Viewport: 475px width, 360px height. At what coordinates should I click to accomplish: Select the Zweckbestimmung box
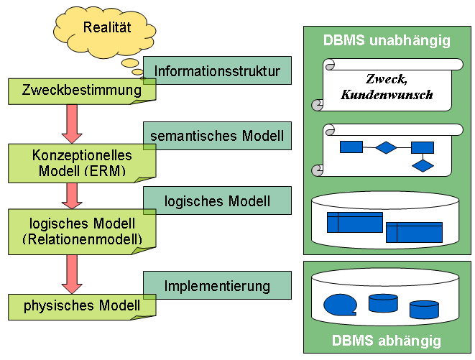81,91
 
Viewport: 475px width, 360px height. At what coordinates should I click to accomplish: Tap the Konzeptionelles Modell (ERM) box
81,162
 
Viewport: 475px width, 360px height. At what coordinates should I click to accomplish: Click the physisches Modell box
81,306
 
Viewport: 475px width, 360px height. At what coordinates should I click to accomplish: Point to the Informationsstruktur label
217,71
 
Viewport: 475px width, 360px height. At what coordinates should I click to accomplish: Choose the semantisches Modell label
217,134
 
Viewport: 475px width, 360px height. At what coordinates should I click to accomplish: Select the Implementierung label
217,286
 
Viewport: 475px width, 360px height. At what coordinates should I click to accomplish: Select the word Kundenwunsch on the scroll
387,94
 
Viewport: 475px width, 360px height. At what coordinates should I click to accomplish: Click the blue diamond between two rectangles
387,148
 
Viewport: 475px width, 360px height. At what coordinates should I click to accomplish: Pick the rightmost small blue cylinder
424,310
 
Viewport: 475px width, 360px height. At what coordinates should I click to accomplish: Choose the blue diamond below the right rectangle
423,166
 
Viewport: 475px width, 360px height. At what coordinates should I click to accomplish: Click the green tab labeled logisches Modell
217,200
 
